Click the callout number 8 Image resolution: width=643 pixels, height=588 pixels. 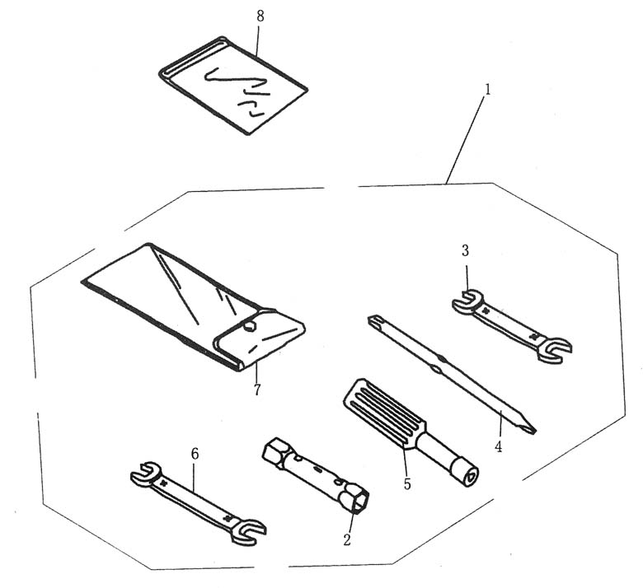tap(260, 16)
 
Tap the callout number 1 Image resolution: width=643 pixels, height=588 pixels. tap(487, 90)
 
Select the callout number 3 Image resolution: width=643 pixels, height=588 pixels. tap(465, 251)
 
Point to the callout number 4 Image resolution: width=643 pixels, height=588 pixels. tap(498, 447)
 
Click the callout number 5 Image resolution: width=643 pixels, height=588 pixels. tap(406, 484)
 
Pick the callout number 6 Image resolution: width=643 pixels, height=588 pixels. tap(195, 454)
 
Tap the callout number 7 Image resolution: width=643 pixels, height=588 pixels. tap(257, 390)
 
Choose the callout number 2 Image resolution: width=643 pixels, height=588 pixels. tap(347, 540)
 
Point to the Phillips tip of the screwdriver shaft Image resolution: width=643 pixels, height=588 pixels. tap(374, 320)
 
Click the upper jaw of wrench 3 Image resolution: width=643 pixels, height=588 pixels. tap(467, 301)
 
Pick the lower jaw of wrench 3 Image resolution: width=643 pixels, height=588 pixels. tap(555, 349)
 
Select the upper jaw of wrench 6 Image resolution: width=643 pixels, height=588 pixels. tap(146, 474)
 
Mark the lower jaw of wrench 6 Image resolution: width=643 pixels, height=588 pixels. tap(248, 531)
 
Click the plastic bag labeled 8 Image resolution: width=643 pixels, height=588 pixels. tap(233, 85)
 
